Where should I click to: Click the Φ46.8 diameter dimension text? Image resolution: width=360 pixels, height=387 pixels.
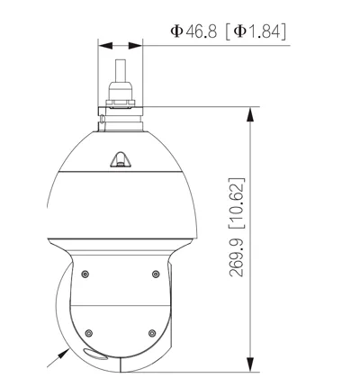[193, 31]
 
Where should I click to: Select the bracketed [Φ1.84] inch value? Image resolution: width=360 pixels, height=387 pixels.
[256, 31]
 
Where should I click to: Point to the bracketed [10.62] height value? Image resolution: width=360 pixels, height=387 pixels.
[237, 203]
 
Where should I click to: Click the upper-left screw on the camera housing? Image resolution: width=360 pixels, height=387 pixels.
[85, 274]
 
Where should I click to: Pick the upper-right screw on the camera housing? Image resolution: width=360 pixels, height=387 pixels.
[156, 274]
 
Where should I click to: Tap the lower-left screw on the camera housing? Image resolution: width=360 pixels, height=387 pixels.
[88, 333]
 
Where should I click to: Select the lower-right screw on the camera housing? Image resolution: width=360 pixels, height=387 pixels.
[152, 333]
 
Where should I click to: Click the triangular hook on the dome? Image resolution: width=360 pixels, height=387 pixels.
[121, 159]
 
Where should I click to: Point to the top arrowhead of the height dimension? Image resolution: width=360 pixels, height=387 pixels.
[250, 114]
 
